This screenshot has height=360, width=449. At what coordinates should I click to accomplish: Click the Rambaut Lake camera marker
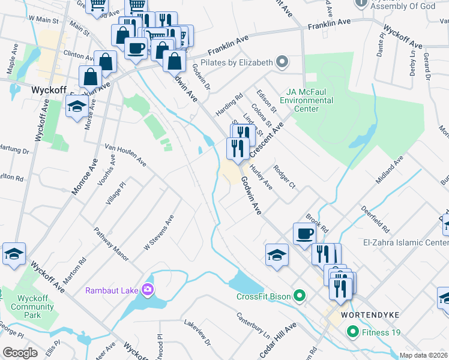click(x=147, y=290)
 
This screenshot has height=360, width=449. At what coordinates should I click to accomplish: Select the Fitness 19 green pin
click(x=352, y=331)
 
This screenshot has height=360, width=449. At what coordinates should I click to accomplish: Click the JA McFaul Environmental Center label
click(x=310, y=100)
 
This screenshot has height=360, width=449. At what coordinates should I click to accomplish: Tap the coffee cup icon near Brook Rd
click(x=304, y=233)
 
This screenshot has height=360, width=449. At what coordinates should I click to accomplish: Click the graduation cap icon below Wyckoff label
click(x=76, y=106)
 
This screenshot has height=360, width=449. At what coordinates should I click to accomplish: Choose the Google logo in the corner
click(x=20, y=352)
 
